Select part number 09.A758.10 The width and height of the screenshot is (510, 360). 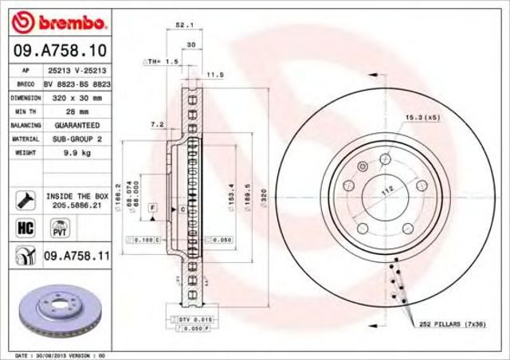pos(57,50)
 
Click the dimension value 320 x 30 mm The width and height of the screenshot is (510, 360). pos(74,97)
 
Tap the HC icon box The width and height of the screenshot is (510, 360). pos(24,228)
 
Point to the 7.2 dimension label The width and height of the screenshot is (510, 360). pos(157,124)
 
